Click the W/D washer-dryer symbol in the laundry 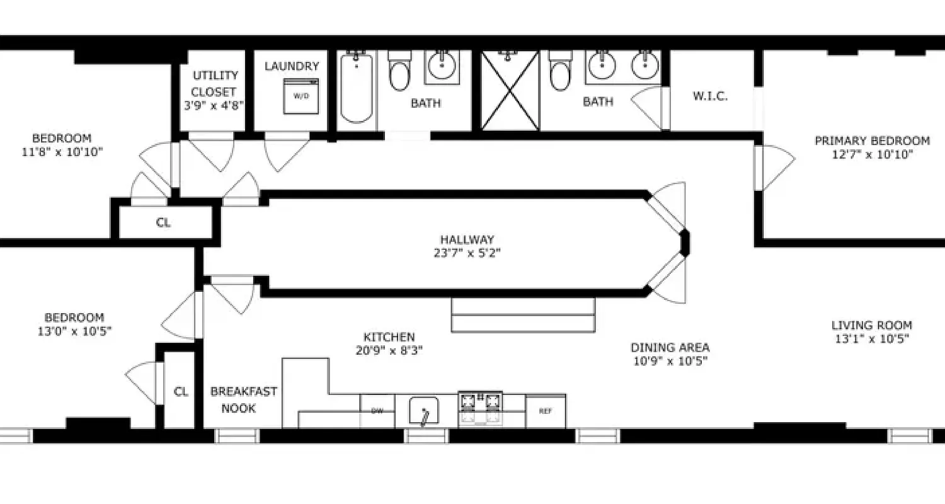[301, 96]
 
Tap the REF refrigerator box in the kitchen [545, 411]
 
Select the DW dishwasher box [377, 411]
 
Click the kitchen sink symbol [423, 411]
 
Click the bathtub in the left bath [357, 88]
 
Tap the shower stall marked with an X [510, 91]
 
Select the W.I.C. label [710, 96]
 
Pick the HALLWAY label [467, 239]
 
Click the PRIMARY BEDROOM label [872, 140]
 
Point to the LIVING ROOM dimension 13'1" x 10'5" [871, 339]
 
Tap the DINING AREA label [670, 347]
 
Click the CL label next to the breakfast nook [181, 391]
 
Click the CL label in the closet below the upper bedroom [163, 222]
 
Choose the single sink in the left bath [444, 64]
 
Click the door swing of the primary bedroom [776, 167]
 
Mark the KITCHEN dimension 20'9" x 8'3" [389, 351]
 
